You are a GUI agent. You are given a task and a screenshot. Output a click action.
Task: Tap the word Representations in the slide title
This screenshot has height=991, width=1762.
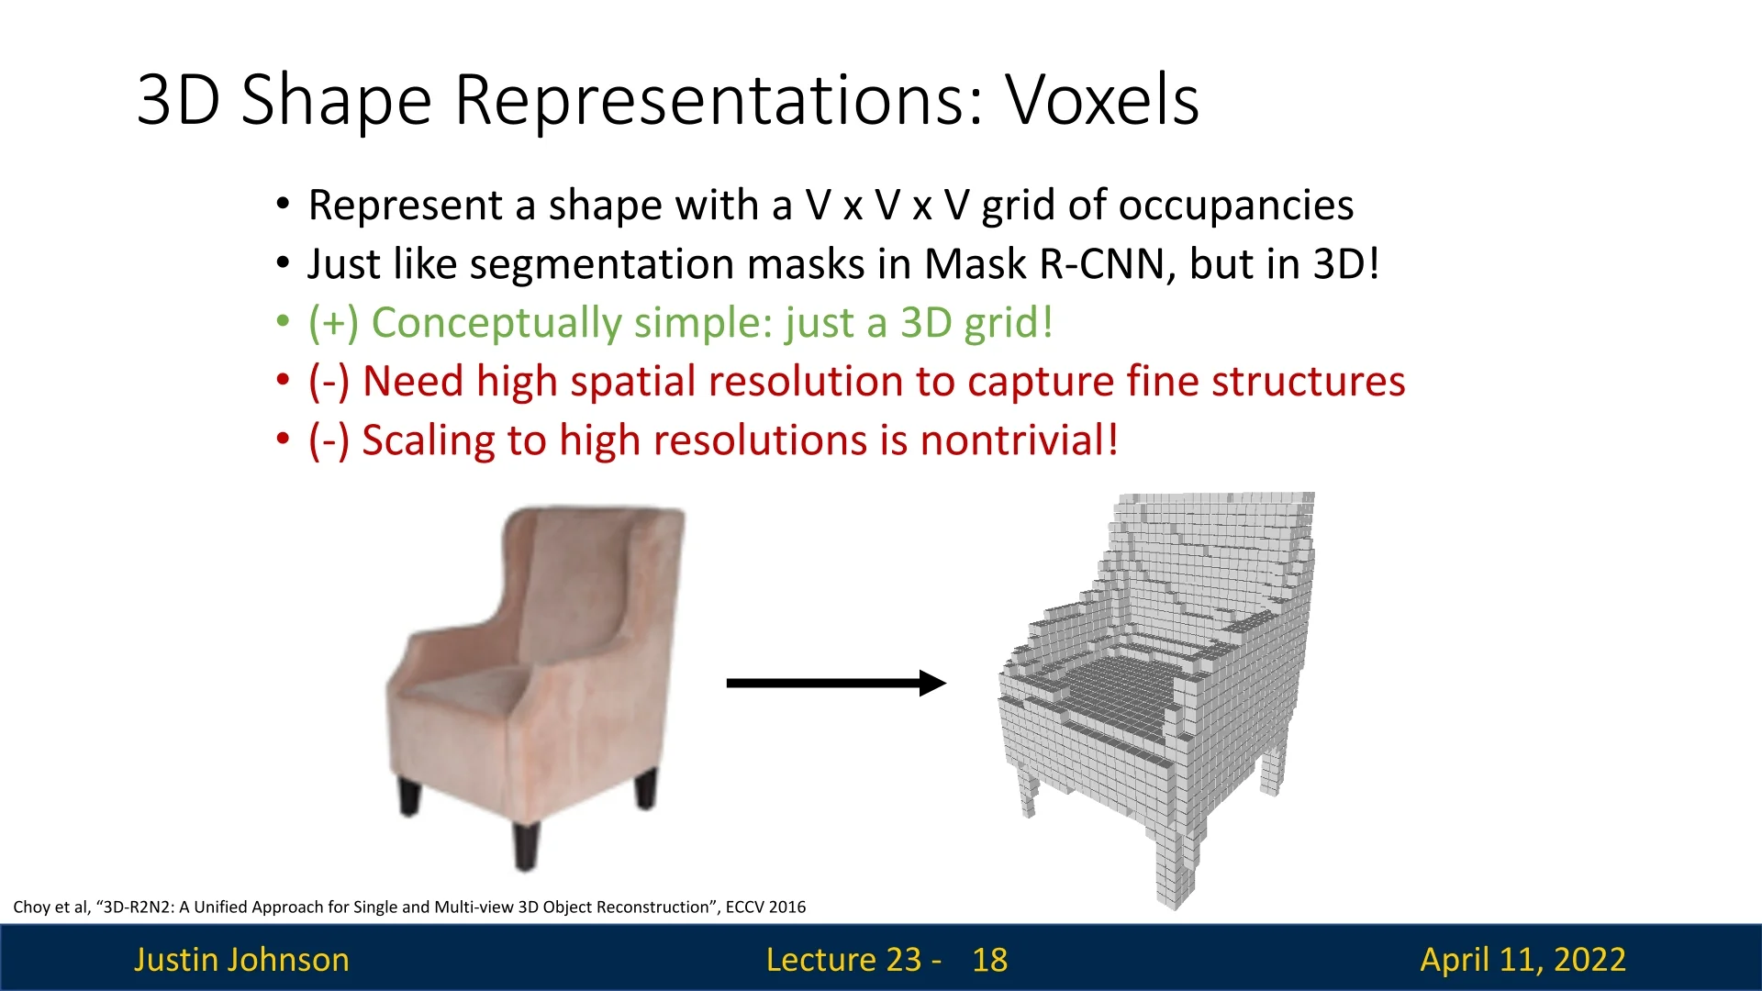[719, 101]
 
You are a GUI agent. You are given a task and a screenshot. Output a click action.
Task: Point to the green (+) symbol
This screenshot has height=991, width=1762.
[333, 323]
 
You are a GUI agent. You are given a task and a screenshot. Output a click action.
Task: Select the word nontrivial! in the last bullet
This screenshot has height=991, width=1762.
[1020, 440]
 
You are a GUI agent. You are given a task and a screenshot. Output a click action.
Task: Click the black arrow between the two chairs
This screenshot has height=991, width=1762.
[836, 683]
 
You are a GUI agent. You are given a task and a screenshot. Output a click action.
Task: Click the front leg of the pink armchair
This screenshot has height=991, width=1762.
[526, 845]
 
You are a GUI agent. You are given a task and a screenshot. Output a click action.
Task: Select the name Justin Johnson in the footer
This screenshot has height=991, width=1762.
[241, 960]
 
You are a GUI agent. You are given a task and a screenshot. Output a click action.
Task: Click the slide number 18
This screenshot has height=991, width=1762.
[990, 960]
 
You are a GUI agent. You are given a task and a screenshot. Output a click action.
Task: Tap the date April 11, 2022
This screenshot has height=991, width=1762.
[1523, 960]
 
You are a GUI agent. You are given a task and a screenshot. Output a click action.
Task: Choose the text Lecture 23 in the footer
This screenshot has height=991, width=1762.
[843, 960]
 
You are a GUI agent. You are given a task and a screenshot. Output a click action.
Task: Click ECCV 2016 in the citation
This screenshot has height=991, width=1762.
[765, 907]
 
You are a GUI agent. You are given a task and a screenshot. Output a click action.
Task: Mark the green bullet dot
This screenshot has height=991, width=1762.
[283, 322]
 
